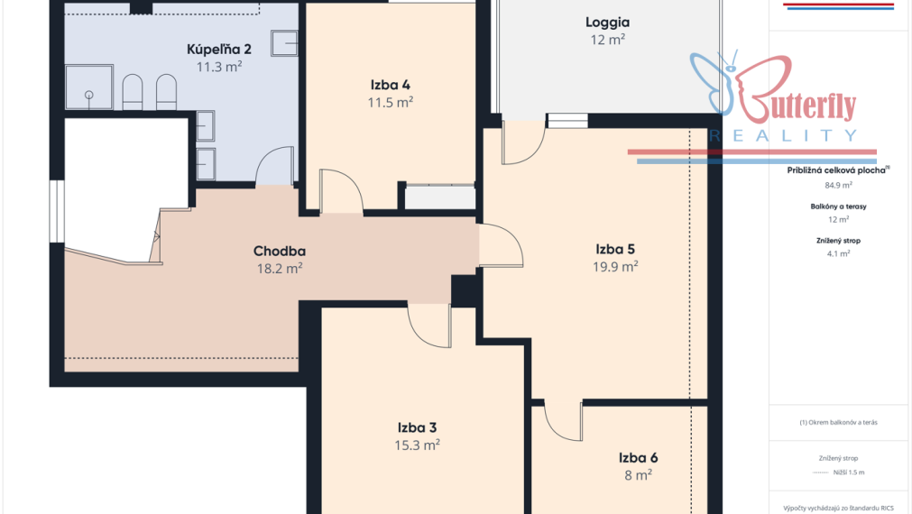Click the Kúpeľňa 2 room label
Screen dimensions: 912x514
click(218, 50)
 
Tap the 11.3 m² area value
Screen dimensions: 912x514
click(218, 67)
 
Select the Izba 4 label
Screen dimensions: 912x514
click(391, 85)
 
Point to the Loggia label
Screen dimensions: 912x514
click(607, 23)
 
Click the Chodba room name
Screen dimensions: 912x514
click(279, 252)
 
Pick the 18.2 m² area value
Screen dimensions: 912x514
click(279, 269)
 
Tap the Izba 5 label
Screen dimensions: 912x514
click(615, 250)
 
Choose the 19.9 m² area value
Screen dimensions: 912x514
click(615, 267)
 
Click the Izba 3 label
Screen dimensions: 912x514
click(417, 428)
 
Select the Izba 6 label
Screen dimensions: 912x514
click(638, 458)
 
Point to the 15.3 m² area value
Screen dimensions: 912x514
click(417, 445)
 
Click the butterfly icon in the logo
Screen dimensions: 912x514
click(713, 81)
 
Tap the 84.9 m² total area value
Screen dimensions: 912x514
click(838, 186)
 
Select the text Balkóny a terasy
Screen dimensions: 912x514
click(838, 207)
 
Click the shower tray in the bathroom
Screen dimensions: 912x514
click(89, 87)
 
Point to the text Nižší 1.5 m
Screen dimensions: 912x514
click(849, 473)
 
